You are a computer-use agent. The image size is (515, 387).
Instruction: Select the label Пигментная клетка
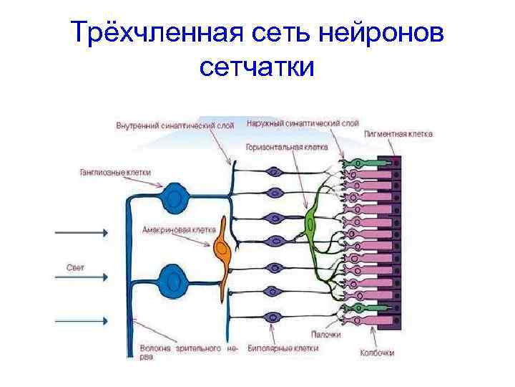[398, 133]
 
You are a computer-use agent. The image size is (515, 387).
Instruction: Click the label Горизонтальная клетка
[286, 146]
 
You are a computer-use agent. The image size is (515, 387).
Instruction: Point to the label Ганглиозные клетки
[116, 172]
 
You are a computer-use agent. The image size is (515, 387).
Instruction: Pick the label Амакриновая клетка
[169, 230]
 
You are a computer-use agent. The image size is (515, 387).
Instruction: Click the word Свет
[76, 267]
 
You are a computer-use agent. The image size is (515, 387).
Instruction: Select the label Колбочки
[377, 352]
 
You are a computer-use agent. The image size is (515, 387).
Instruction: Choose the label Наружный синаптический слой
[303, 123]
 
